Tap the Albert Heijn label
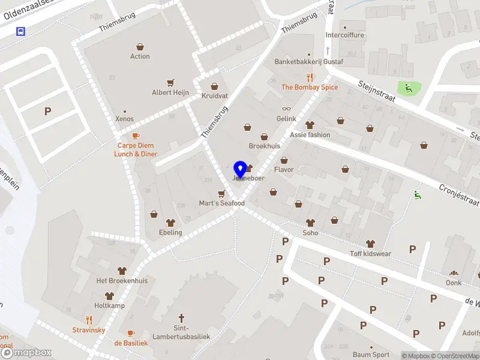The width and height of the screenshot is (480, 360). [170, 92]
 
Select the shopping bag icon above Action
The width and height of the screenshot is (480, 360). [140, 46]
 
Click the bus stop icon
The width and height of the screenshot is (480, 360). [21, 31]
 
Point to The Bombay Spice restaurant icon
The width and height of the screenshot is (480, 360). [310, 77]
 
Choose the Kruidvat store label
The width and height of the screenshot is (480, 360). [214, 96]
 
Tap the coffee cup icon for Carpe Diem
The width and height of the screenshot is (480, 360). [136, 136]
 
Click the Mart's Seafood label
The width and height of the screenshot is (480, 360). [222, 203]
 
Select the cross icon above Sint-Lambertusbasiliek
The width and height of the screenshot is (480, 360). [181, 317]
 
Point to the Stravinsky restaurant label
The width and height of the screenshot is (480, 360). [89, 330]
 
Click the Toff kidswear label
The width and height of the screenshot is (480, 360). [370, 254]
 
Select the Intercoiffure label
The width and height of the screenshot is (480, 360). [344, 35]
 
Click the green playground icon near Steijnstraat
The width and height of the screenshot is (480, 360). [409, 88]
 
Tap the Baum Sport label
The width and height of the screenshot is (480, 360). [371, 355]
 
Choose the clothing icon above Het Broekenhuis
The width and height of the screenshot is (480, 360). [122, 271]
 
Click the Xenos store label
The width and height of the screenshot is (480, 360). [125, 119]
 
